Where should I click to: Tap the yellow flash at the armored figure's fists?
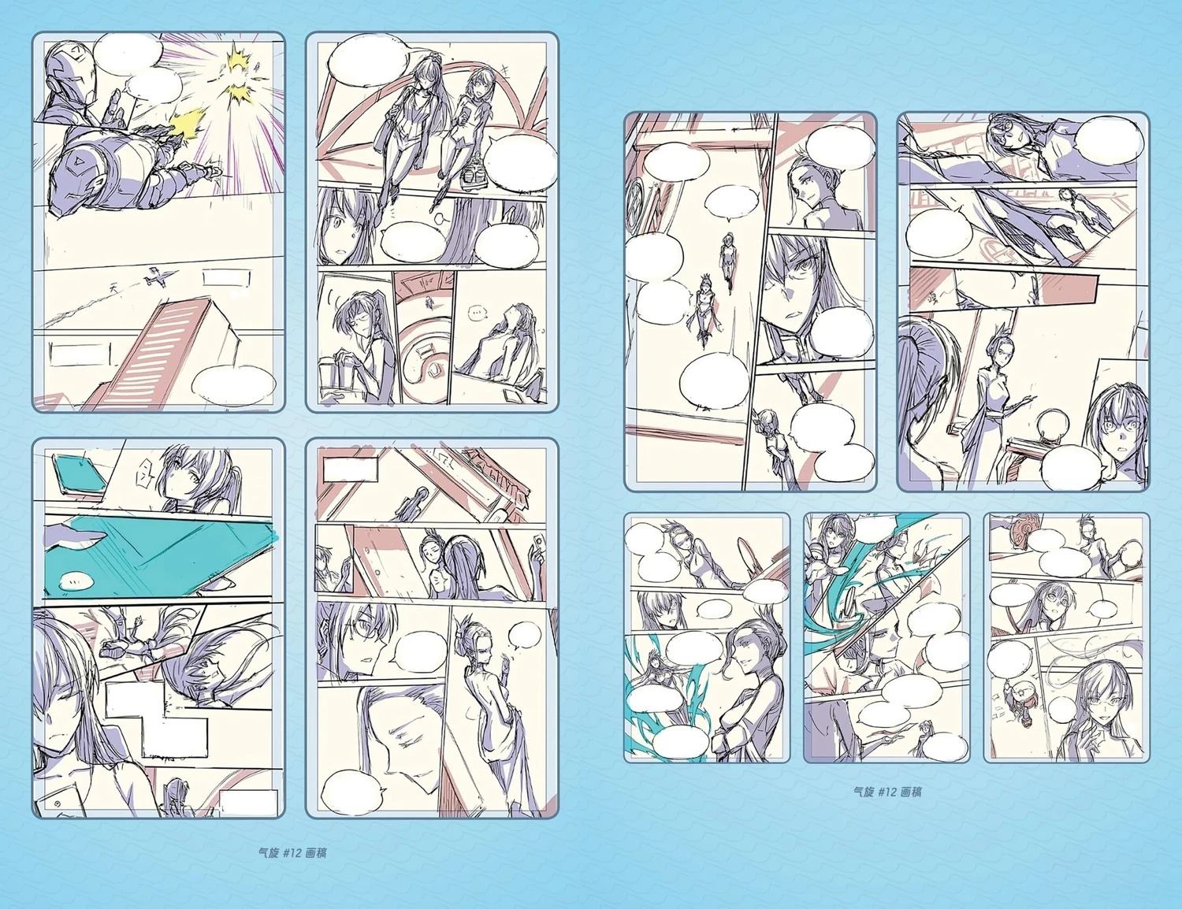coord(188,125)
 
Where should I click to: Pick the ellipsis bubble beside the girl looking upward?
coord(477,314)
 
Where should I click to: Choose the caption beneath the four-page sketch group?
coord(292,852)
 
